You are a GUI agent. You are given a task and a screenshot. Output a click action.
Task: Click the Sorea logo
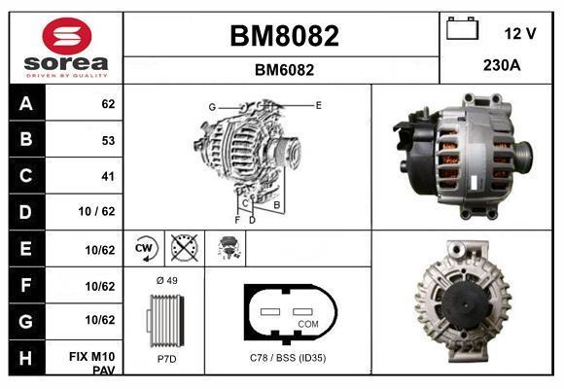tap(66, 48)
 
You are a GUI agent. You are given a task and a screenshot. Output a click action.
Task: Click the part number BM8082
tap(284, 36)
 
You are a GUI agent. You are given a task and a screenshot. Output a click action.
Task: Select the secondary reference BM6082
tap(284, 70)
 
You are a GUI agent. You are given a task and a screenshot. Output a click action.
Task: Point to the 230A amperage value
tap(502, 65)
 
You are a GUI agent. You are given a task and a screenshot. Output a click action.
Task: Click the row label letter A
tap(26, 102)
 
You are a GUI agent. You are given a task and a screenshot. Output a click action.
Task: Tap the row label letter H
tap(26, 358)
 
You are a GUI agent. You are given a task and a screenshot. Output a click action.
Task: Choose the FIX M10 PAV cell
tap(93, 364)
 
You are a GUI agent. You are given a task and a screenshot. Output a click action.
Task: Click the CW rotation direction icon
tap(145, 249)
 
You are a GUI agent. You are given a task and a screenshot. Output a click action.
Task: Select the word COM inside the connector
tap(308, 323)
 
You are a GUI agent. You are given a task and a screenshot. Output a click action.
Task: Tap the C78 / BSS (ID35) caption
tap(289, 359)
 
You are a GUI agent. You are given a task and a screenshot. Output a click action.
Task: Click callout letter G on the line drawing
tap(211, 106)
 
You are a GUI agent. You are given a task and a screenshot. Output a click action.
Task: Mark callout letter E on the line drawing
tap(318, 103)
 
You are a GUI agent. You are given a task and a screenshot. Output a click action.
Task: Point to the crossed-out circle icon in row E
tap(182, 249)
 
